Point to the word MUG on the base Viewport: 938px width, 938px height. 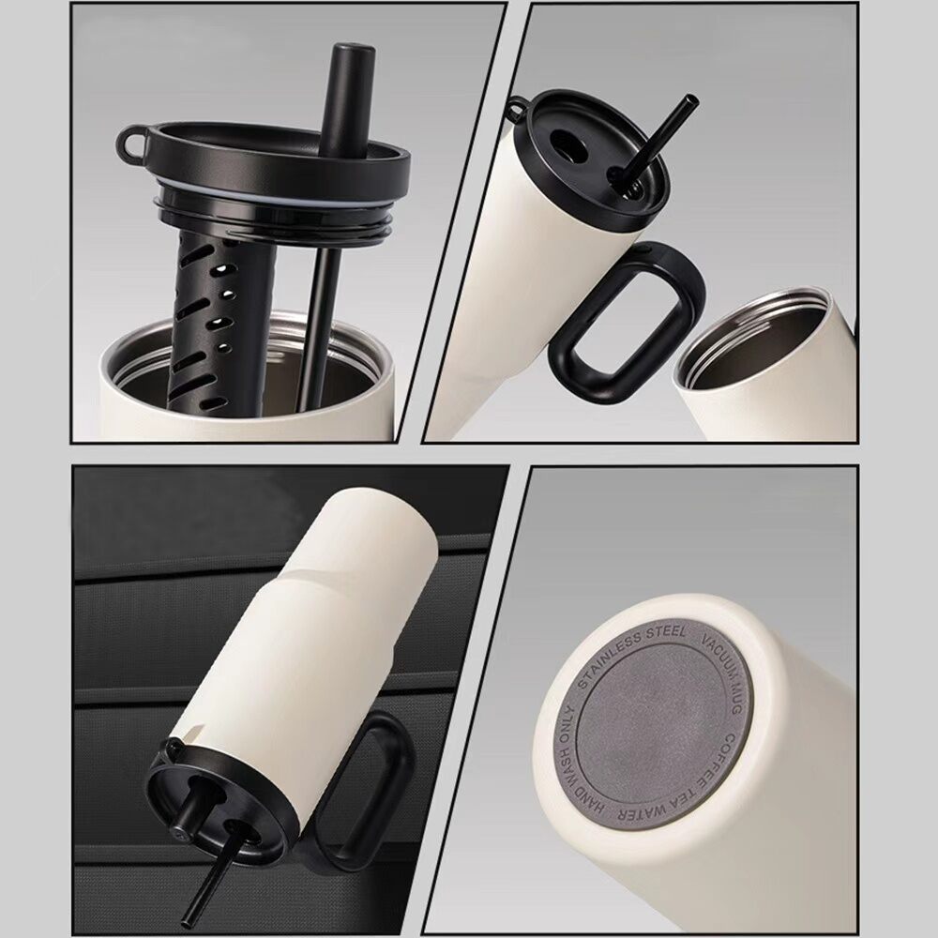tap(735, 696)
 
